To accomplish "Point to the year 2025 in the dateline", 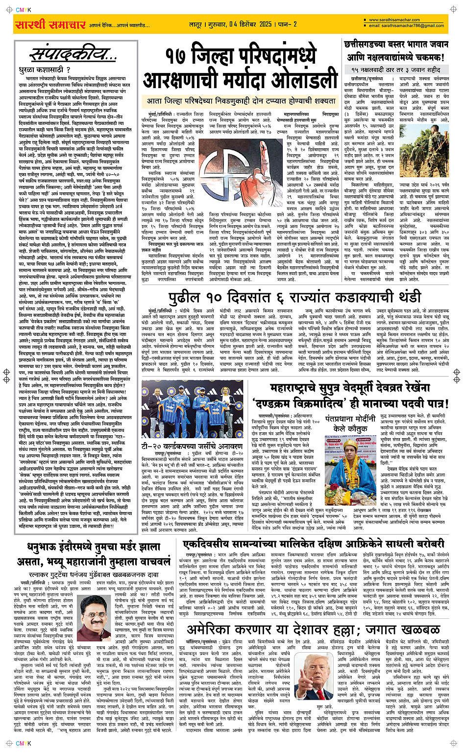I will [x=265, y=24].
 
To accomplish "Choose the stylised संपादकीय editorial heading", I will [x=73, y=53].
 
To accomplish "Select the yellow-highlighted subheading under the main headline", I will [x=241, y=101].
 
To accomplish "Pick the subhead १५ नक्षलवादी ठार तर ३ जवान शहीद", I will [x=396, y=70].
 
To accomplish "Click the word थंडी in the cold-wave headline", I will [x=402, y=297].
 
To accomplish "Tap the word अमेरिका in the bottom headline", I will [x=212, y=630].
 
